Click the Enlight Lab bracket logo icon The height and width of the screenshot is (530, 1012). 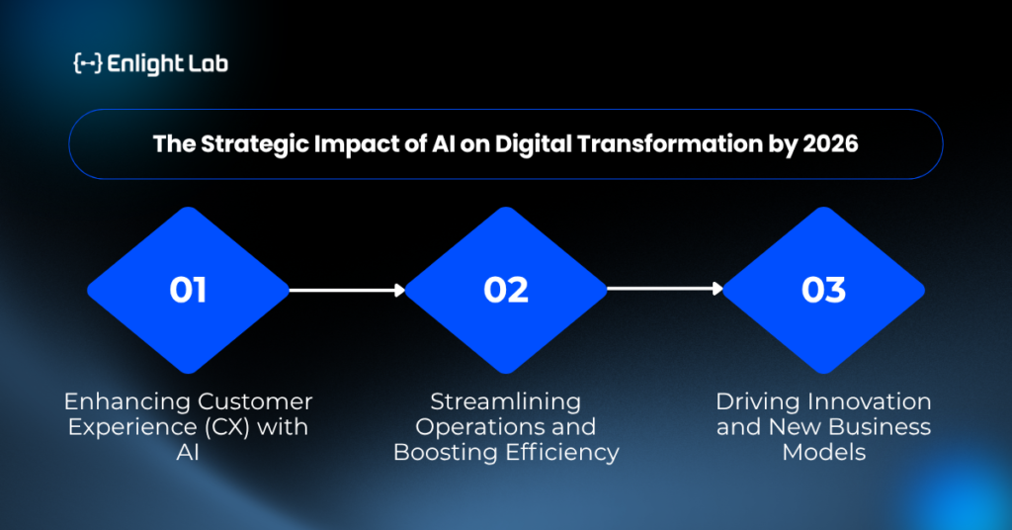pyautogui.click(x=88, y=63)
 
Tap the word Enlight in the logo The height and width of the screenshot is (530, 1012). pyautogui.click(x=136, y=64)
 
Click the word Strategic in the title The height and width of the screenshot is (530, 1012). pyautogui.click(x=255, y=144)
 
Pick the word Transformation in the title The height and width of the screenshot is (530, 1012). pyautogui.click(x=669, y=144)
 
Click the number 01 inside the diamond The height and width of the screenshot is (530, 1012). pyautogui.click(x=188, y=290)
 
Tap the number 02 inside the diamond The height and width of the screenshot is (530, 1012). pyautogui.click(x=506, y=290)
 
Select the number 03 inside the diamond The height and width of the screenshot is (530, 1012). pyautogui.click(x=823, y=290)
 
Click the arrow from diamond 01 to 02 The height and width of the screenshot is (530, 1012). pyautogui.click(x=347, y=291)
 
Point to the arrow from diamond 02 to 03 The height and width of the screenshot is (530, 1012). pyautogui.click(x=665, y=289)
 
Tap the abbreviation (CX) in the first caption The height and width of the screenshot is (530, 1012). pyautogui.click(x=227, y=427)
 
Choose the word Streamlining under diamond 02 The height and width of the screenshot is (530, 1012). pyautogui.click(x=505, y=402)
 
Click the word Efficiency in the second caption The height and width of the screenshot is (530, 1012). pyautogui.click(x=562, y=453)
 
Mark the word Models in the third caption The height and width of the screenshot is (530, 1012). pyautogui.click(x=823, y=453)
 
